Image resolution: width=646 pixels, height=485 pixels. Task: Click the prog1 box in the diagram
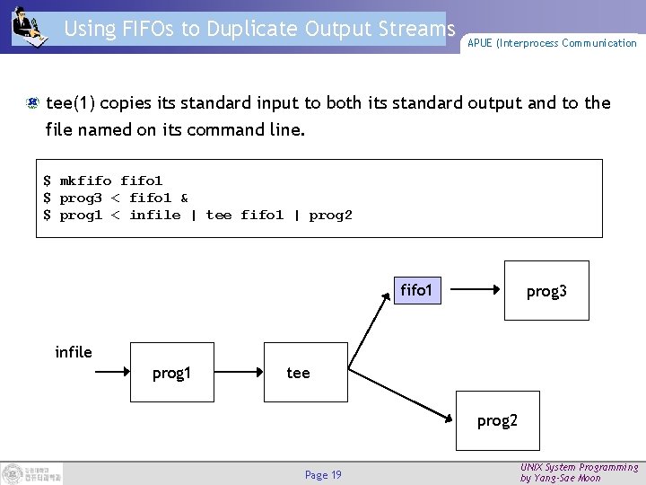tap(172, 372)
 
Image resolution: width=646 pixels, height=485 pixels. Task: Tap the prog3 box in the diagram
tap(546, 291)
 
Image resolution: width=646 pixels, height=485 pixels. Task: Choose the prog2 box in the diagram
tap(497, 420)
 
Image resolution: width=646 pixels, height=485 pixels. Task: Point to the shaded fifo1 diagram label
tap(416, 291)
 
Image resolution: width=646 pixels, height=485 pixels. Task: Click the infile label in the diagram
tap(74, 352)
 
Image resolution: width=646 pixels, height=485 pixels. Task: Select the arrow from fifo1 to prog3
tap(476, 290)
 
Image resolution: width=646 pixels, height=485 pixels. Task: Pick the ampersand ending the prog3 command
tap(184, 198)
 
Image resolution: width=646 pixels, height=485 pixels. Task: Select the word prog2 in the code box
tap(330, 215)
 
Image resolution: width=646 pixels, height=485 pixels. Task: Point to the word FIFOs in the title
tap(147, 28)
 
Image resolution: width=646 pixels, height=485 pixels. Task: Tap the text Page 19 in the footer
tap(323, 474)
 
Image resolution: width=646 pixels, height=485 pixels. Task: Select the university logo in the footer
tap(32, 473)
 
